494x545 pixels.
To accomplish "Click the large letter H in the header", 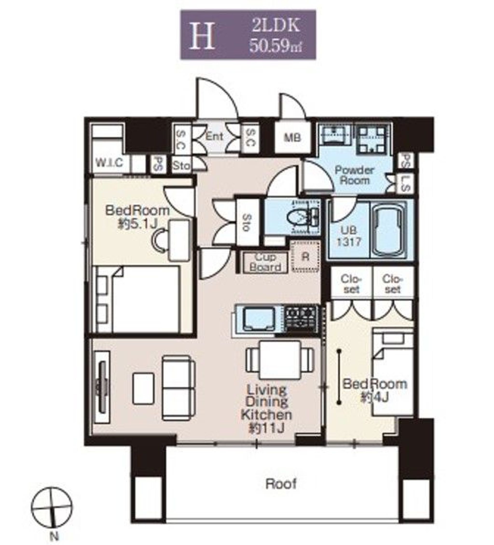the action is [202, 36].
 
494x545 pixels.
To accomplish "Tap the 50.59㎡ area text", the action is [275, 46].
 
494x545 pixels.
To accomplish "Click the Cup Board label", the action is [265, 262].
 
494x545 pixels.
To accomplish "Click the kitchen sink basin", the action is [259, 320].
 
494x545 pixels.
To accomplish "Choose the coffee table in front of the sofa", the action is [143, 388].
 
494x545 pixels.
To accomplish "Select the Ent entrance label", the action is [214, 136].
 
